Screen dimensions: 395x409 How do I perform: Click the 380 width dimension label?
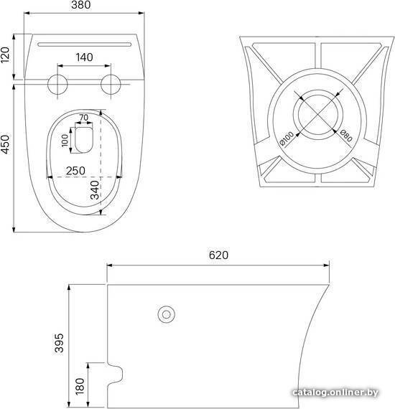pos(81,5)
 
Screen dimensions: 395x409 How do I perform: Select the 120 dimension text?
pos(5,55)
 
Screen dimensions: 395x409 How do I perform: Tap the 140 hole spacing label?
pos(84,57)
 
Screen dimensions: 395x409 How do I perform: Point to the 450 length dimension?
pos(5,144)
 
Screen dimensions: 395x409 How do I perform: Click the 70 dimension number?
pos(84,118)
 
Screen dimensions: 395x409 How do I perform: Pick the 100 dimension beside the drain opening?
pos(65,141)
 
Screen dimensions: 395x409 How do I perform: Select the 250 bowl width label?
pos(75,171)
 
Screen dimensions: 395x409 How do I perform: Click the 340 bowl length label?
pos(95,190)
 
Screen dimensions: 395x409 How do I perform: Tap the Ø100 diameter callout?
pos(286,138)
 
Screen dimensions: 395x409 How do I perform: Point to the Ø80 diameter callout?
pos(346,136)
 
